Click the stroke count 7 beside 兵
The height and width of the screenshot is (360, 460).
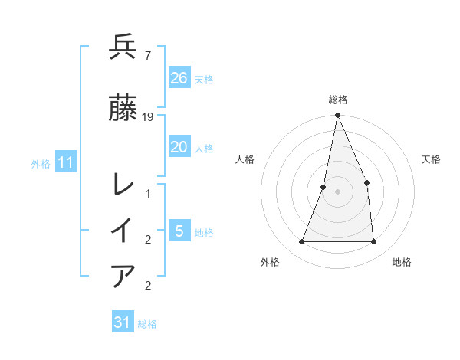click(147, 56)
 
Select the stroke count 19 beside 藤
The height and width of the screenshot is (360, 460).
click(148, 116)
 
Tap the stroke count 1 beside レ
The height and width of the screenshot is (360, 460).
click(148, 194)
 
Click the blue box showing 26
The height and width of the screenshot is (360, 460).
click(179, 77)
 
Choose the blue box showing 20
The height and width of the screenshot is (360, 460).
click(179, 147)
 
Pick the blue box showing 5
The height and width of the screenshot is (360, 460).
click(179, 231)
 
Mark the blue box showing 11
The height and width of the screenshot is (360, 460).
click(66, 162)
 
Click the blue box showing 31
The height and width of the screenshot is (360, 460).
click(123, 322)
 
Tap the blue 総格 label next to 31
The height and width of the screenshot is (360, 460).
click(147, 324)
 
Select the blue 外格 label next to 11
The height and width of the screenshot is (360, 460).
click(41, 163)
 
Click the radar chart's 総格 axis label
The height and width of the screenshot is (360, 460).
click(337, 100)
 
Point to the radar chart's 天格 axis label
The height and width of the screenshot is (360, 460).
click(431, 159)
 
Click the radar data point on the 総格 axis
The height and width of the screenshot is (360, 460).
click(337, 116)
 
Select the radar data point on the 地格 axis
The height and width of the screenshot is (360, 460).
click(373, 241)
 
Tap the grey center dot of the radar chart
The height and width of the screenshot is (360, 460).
click(337, 191)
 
